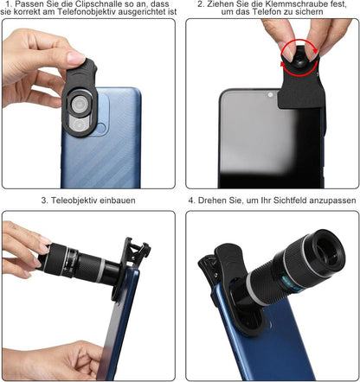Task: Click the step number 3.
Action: tap(44, 201)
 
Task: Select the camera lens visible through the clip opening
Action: tap(79, 103)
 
